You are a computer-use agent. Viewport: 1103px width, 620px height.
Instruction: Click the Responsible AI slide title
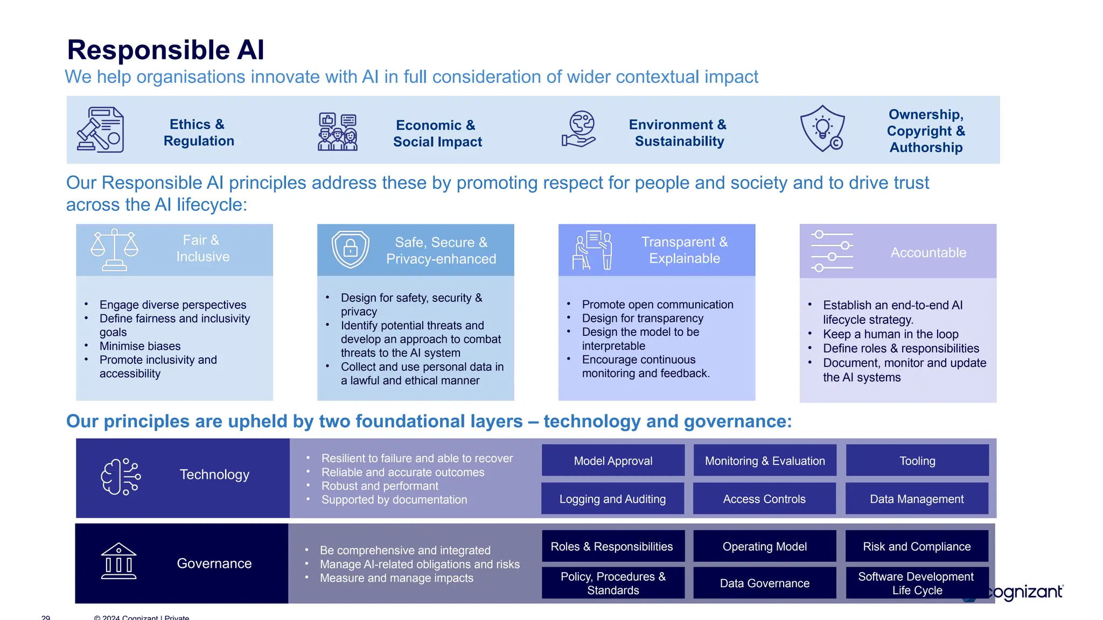tap(165, 50)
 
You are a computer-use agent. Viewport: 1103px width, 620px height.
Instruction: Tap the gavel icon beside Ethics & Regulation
tap(100, 130)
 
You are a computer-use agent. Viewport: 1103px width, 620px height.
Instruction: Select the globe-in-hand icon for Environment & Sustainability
tap(579, 129)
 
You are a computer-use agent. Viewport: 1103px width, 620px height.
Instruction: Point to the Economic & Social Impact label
tap(437, 133)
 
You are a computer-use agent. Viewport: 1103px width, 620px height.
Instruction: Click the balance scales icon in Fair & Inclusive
tap(114, 250)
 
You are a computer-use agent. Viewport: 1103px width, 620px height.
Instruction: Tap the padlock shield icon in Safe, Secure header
tap(350, 249)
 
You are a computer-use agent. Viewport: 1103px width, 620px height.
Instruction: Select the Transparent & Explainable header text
tap(684, 250)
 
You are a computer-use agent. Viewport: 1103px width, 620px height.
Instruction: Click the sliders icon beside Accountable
tap(832, 251)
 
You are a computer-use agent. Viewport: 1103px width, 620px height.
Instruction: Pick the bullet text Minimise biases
tap(140, 346)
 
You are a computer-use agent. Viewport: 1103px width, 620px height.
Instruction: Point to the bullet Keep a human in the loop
tap(890, 334)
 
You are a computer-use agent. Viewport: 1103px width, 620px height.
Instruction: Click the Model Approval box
tap(613, 461)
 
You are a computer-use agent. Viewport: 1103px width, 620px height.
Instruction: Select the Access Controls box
tap(764, 499)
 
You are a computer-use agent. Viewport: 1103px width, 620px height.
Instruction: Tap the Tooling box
tap(917, 461)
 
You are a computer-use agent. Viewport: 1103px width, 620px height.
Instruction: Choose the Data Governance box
tap(764, 583)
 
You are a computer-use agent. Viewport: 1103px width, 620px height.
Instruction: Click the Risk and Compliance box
tap(916, 546)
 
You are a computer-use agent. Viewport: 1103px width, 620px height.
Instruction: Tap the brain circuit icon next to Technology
tap(121, 476)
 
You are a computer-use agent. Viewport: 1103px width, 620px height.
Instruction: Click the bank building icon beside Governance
tap(118, 561)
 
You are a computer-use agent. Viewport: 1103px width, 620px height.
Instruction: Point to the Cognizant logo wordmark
tap(1026, 592)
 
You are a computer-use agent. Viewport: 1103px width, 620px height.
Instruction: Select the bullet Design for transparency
tap(642, 318)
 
